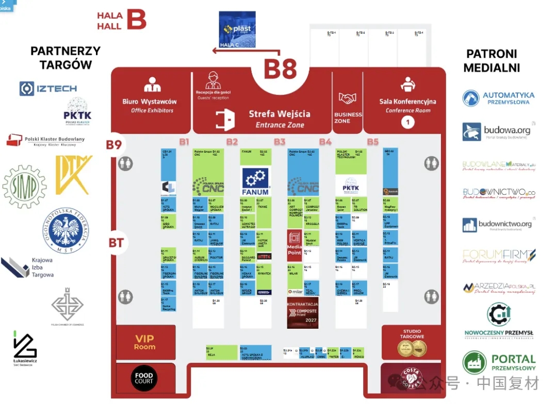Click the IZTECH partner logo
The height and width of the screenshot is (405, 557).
pos(48,89)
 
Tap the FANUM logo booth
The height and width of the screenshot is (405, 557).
pos(256,181)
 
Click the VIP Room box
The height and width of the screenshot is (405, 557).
pos(144,342)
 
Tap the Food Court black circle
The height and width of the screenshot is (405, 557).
pos(144,378)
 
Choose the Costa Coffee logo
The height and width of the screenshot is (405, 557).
pos(412,378)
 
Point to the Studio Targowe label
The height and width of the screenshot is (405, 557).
pos(412,334)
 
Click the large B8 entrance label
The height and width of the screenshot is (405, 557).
pos(281,69)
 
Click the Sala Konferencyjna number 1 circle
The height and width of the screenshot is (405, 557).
pos(407,122)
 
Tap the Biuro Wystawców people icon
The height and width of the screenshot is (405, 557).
pos(152,85)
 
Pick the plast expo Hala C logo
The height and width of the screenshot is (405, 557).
pos(237,30)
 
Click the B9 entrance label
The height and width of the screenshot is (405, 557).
pos(114,145)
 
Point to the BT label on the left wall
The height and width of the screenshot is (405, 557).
pos(117,242)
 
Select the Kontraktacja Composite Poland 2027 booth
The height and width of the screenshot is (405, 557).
pos(302,313)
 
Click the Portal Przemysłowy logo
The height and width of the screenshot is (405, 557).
pos(499,362)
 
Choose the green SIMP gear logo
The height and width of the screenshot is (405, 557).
pos(24,187)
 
